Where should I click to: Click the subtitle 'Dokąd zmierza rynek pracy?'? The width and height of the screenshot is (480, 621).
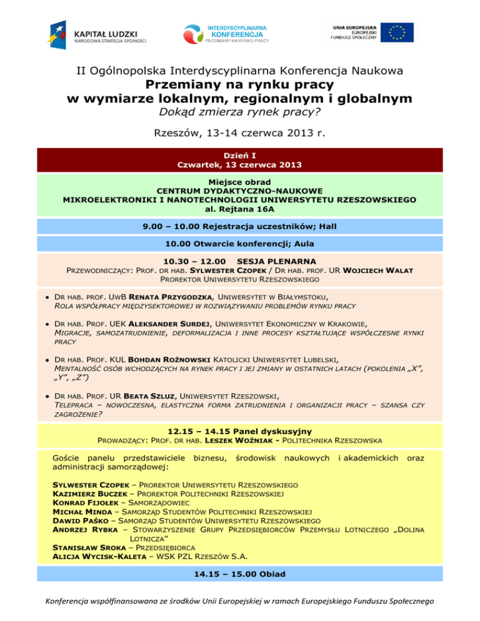coord(239,112)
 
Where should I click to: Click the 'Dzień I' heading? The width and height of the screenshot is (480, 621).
coord(239,155)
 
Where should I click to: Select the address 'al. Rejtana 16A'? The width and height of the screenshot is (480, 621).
coord(239,210)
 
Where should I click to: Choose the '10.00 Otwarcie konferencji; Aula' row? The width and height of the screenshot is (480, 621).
coord(239,244)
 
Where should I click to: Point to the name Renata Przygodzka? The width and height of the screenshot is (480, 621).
coord(171,297)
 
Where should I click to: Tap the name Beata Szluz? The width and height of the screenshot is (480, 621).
coord(151,395)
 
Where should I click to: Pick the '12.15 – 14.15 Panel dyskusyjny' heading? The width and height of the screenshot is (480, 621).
coord(239,431)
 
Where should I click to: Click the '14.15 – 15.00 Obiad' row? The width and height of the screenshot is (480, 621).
coord(239,572)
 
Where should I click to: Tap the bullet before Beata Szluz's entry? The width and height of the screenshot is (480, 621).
coord(47,396)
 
